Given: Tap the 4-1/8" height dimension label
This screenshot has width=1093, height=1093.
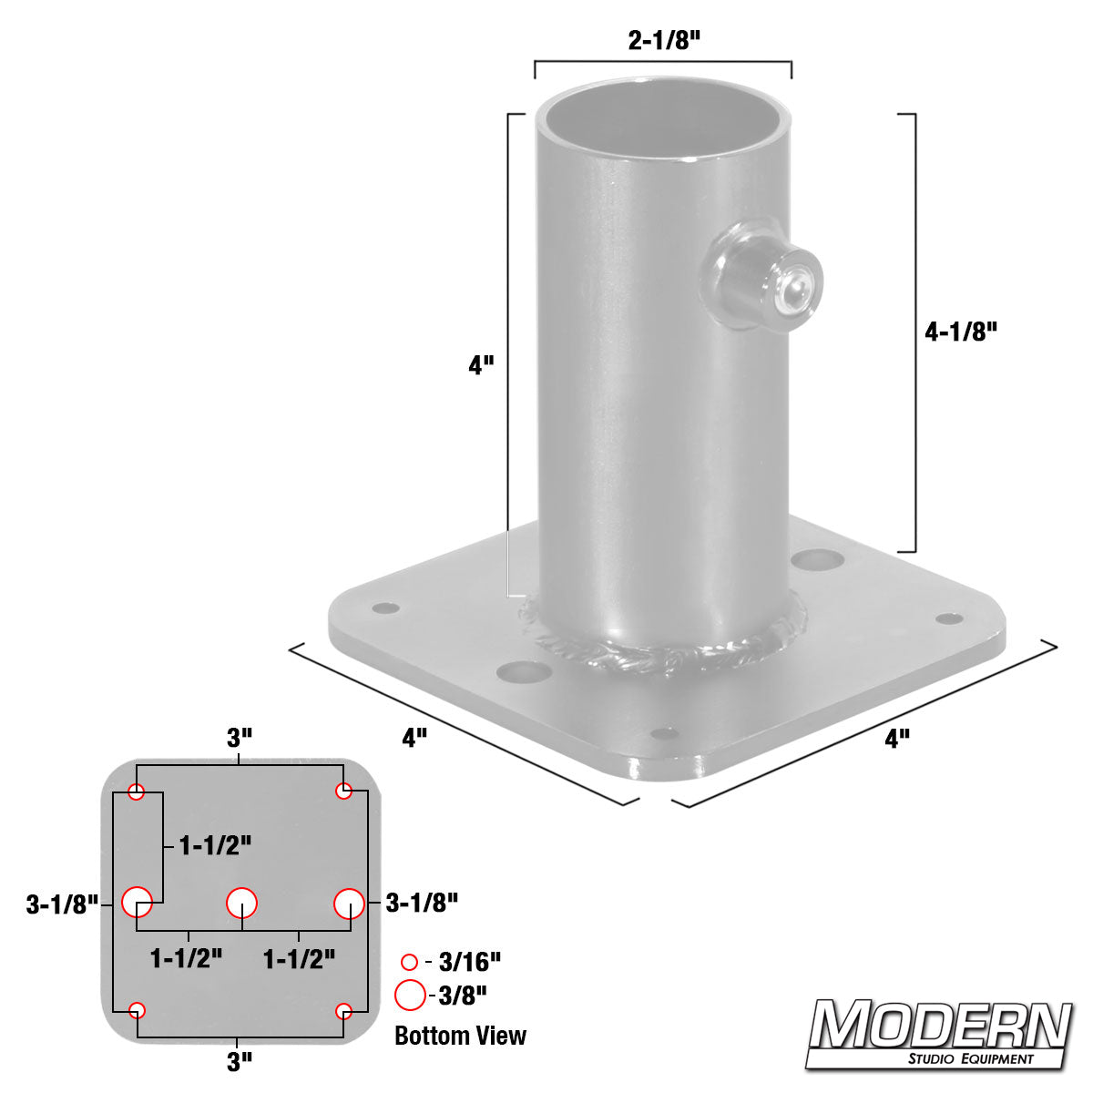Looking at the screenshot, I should point(961,332).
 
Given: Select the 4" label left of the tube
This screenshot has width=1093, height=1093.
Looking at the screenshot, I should point(481,365).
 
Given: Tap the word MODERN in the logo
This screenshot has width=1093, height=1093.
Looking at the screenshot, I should point(940,1027).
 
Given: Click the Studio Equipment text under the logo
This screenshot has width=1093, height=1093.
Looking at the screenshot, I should point(970,1058).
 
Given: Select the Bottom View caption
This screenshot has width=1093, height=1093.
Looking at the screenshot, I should point(460,1036).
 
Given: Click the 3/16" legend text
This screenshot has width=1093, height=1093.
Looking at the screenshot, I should point(470,962).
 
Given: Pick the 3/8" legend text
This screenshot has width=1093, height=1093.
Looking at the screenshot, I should point(463,996).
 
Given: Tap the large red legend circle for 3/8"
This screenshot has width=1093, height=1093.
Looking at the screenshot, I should point(410,996).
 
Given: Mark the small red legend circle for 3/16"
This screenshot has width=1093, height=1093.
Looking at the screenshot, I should point(409,962).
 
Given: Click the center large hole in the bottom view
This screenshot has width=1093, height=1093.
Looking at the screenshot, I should point(241,903).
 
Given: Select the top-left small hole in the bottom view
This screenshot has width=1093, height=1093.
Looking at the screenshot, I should point(136,792).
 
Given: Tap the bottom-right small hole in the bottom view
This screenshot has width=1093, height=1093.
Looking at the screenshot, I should point(343,1010).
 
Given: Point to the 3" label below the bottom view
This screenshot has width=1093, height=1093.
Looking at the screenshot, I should point(239,1061).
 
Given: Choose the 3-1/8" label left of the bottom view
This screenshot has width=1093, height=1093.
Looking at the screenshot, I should point(62,904).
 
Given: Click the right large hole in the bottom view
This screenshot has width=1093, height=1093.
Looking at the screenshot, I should point(349,904).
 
